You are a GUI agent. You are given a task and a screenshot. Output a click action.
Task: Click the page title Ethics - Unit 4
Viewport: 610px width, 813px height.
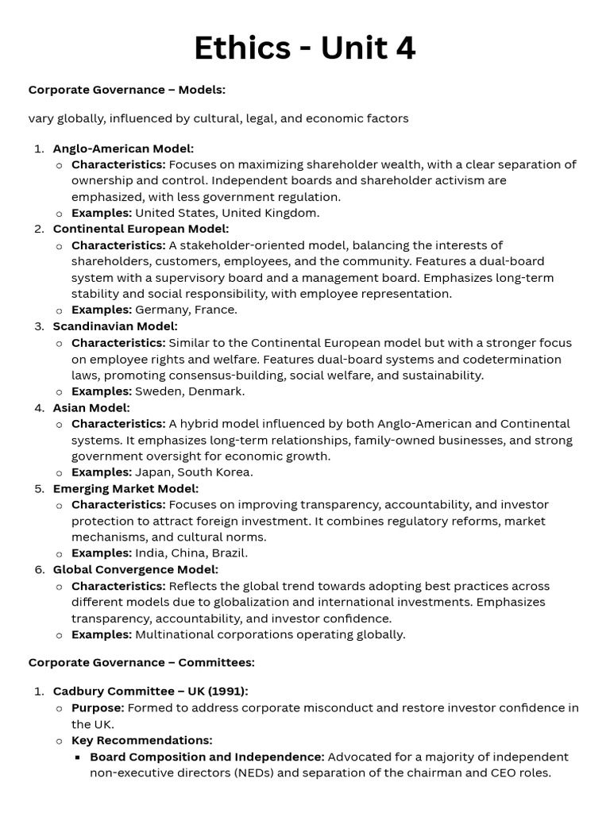tap(305, 49)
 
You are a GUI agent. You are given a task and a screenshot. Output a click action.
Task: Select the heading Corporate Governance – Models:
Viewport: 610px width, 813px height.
tap(127, 90)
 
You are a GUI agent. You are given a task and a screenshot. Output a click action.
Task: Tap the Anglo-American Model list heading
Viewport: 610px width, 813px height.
tap(123, 148)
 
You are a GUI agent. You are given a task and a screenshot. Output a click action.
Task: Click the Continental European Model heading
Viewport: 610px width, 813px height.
tap(141, 229)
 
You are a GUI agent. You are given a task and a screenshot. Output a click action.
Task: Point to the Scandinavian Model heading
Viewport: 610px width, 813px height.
tap(115, 326)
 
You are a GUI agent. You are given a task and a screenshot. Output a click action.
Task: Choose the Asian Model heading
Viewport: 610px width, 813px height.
tap(91, 408)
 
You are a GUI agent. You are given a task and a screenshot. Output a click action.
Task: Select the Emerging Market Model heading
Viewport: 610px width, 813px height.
tap(125, 489)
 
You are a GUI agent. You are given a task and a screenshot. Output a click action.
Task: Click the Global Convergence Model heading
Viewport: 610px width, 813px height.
tap(135, 570)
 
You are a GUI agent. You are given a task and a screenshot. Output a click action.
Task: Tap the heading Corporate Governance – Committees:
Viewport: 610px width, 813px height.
tap(141, 662)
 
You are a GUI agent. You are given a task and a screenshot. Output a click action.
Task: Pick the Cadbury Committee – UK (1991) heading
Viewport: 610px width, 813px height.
tap(150, 692)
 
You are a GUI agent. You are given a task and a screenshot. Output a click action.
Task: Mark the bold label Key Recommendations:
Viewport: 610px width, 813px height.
tap(142, 741)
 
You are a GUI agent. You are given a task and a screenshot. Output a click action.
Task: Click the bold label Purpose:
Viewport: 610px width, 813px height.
tap(98, 708)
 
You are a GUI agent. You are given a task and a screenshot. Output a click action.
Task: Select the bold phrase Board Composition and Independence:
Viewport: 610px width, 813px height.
tap(207, 757)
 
